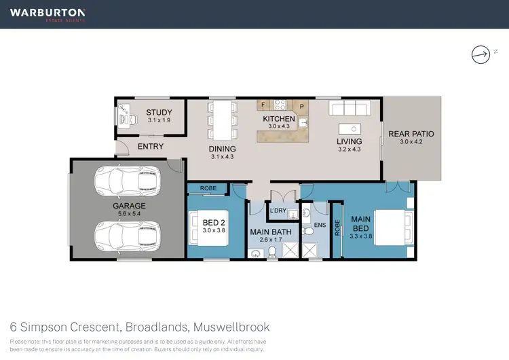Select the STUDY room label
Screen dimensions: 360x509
(x=159, y=113)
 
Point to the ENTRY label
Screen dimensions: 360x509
(x=150, y=146)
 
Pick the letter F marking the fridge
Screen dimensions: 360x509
(x=261, y=105)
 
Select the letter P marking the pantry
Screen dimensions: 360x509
(x=301, y=106)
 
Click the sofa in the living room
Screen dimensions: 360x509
(x=348, y=109)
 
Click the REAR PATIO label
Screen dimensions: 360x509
(x=411, y=134)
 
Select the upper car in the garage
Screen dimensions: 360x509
(x=128, y=180)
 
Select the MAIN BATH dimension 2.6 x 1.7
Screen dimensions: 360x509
(x=271, y=240)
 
